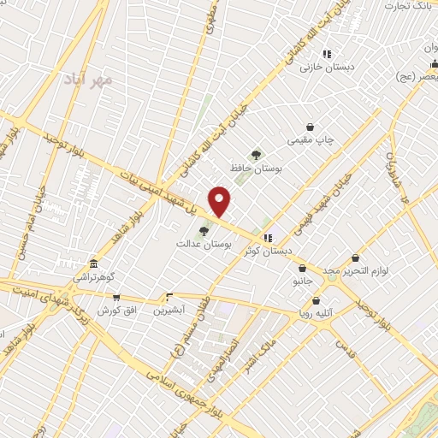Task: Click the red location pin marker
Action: [x=220, y=202]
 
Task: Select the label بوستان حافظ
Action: [x=256, y=169]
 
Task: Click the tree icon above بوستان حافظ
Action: [x=256, y=154]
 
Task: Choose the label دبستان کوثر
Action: [x=268, y=251]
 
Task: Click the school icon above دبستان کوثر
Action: [x=269, y=238]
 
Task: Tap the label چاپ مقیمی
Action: [x=310, y=139]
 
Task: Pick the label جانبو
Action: [x=303, y=280]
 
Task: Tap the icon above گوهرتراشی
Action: [x=93, y=264]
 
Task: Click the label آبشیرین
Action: [x=169, y=310]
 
